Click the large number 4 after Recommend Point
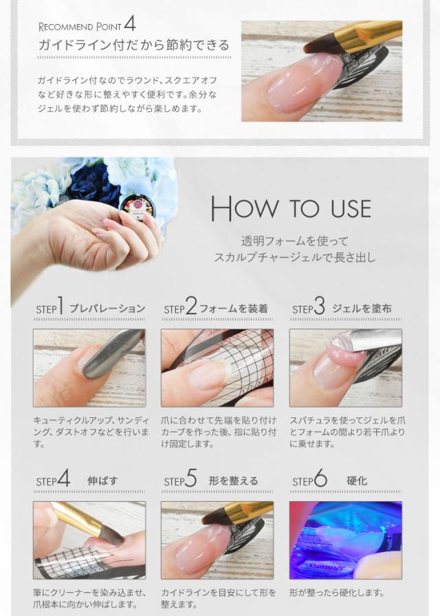[130, 23]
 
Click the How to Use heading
[291, 208]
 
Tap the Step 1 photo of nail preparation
[89, 368]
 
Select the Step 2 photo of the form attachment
[217, 368]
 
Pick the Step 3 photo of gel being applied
[346, 368]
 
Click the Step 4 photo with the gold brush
[89, 540]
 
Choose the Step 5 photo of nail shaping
[217, 540]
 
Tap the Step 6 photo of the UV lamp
[346, 540]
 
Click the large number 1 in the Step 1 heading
[60, 305]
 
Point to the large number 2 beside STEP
[191, 306]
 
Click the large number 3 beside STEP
[320, 306]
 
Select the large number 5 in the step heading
[191, 478]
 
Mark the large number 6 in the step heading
[320, 478]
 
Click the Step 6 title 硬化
[357, 481]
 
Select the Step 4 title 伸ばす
[102, 481]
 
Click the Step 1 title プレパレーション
[107, 309]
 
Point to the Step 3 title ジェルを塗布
[362, 309]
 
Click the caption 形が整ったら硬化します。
[337, 593]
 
